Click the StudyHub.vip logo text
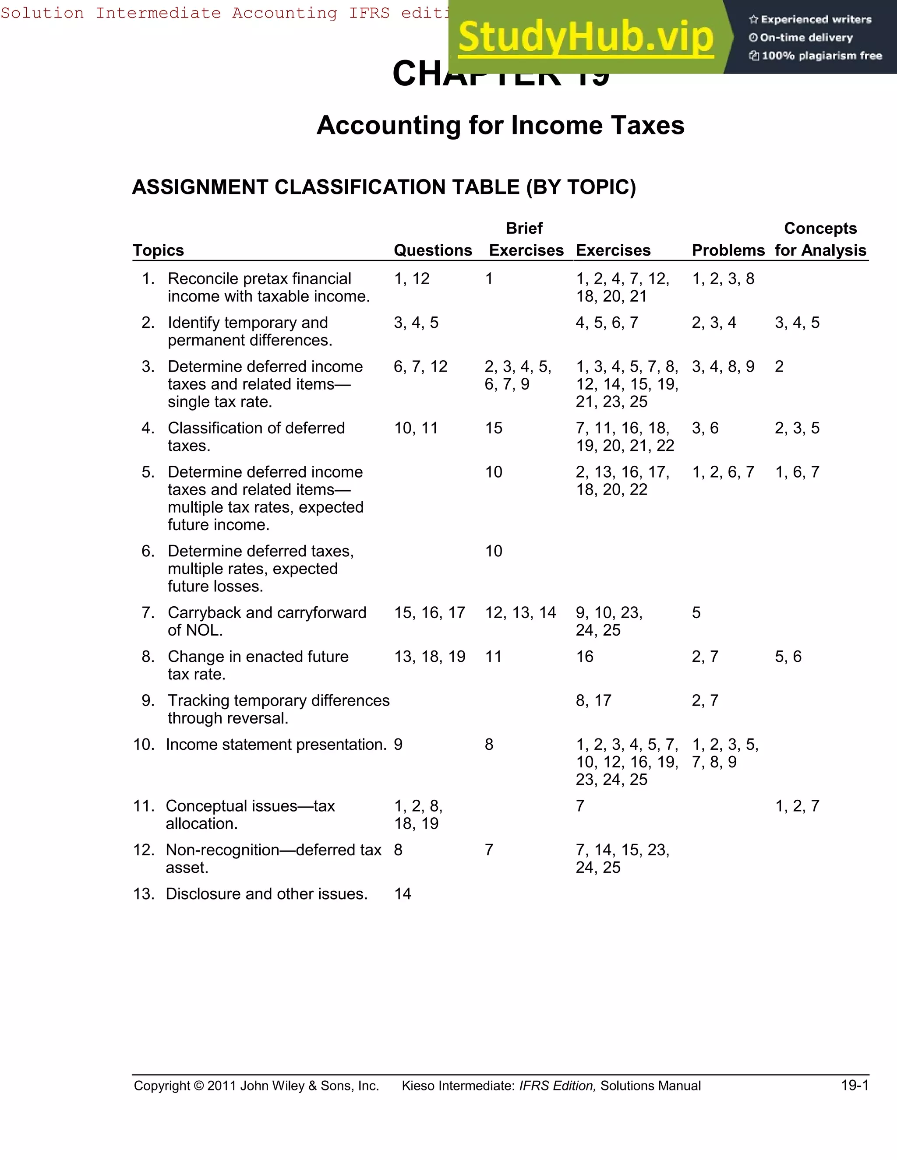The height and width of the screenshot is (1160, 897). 585,37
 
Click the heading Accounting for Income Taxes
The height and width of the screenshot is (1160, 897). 500,125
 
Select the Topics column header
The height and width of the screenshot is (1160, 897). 159,250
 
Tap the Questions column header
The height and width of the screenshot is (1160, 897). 433,250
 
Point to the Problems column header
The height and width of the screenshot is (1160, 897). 728,250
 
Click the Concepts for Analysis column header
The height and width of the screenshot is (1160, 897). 820,239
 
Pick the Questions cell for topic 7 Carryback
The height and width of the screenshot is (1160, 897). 429,612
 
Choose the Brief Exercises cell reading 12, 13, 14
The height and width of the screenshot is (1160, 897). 520,612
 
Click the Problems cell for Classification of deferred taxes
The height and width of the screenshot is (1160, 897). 705,428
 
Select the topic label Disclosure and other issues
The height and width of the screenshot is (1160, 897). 267,894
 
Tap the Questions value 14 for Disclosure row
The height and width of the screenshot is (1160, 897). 402,894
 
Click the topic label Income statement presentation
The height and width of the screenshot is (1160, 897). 276,745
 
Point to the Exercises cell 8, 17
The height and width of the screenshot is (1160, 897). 593,700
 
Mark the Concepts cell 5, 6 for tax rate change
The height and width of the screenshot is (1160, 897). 788,657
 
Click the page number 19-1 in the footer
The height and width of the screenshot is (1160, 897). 855,1086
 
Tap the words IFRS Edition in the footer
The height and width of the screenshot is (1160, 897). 558,1086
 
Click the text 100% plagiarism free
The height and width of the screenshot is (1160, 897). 822,56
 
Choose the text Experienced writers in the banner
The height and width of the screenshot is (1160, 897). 816,20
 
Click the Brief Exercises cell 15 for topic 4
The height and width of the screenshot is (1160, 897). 493,428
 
